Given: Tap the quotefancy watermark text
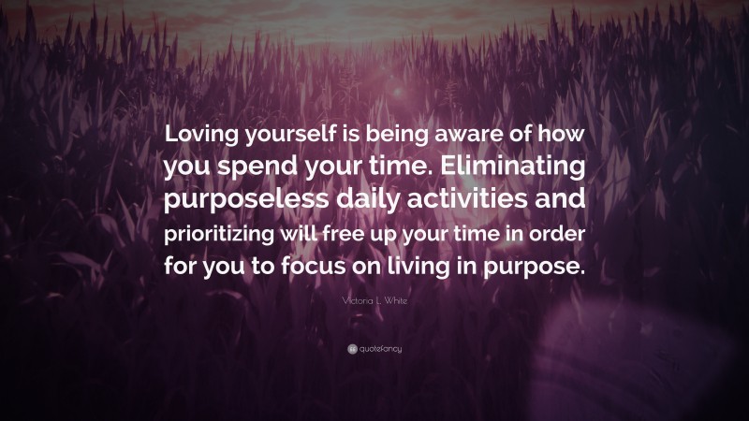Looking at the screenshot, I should point(379,348).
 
